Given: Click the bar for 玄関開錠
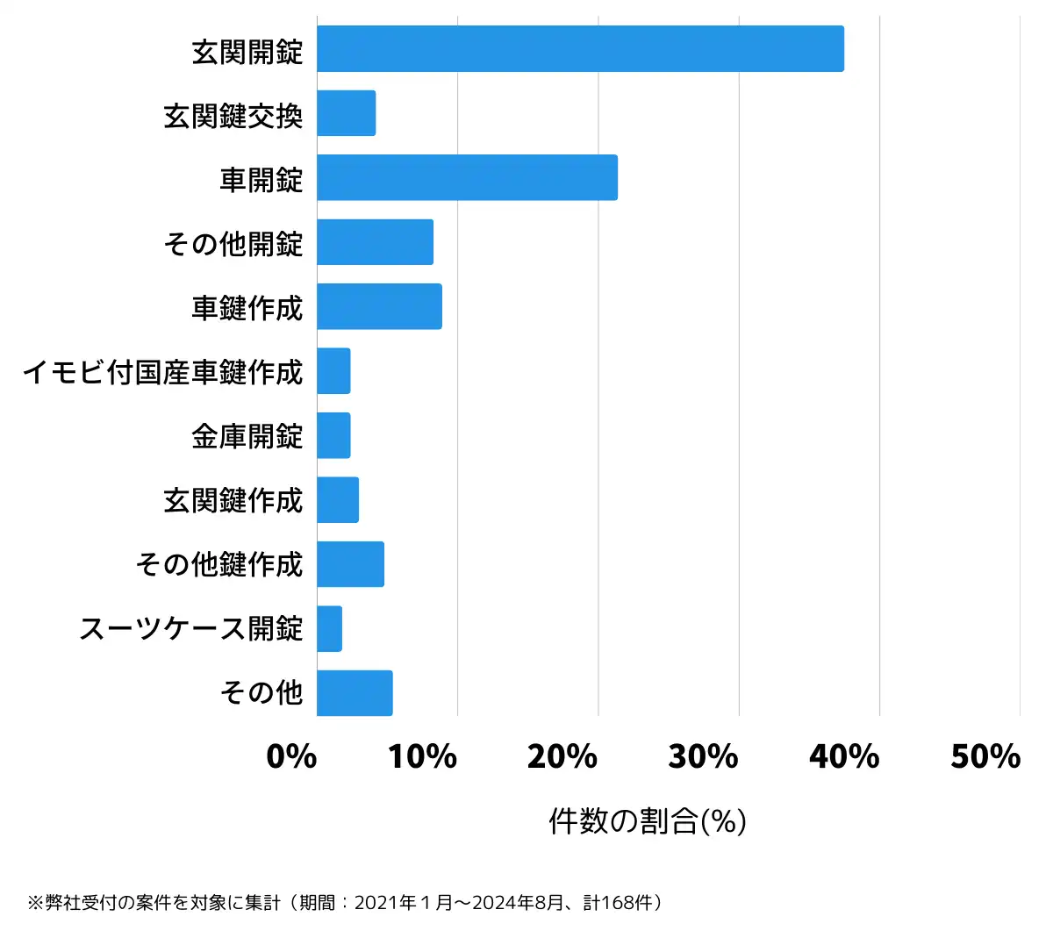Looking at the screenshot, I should [580, 49].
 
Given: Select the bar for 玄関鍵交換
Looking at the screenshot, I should [347, 113].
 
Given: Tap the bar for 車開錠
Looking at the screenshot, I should [467, 177].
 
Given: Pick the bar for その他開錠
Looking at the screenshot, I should [375, 242].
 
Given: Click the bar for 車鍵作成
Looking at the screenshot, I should [379, 306].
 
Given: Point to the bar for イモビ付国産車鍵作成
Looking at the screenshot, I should [333, 371].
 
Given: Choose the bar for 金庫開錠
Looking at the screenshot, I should [333, 435].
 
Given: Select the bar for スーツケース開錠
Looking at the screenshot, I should [329, 628].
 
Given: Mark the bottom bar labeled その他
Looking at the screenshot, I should [355, 693].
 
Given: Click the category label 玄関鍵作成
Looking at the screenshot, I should [233, 500].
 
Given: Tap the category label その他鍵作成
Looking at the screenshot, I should [218, 564].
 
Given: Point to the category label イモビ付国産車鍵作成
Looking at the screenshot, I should [162, 372].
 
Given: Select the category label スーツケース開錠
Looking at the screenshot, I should [190, 628].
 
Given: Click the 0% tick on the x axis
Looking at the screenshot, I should [291, 756].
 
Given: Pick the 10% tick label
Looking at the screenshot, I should [422, 756].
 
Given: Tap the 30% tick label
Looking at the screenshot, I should [703, 756].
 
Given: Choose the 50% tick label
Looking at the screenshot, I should [985, 756].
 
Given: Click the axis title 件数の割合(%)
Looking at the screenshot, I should [648, 821].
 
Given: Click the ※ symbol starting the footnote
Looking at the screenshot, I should [35, 903].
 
